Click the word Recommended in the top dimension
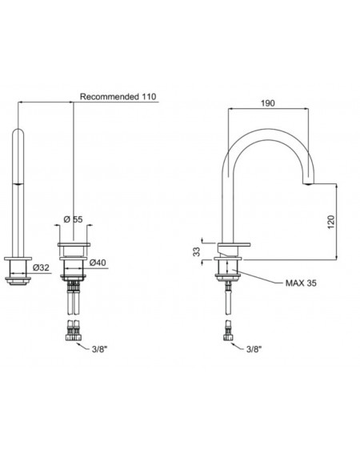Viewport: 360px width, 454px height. pyautogui.click(x=110, y=97)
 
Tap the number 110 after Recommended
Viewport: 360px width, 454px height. pyautogui.click(x=149, y=97)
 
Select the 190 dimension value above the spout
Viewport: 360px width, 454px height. pyautogui.click(x=268, y=103)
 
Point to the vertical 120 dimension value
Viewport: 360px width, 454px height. pyautogui.click(x=331, y=222)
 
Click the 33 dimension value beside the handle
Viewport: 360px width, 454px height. pyautogui.click(x=197, y=251)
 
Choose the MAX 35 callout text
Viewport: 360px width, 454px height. pyautogui.click(x=301, y=283)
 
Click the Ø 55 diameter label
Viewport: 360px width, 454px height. pyautogui.click(x=73, y=219)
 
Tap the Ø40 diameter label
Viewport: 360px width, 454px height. pyautogui.click(x=98, y=263)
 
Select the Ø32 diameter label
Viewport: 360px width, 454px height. pyautogui.click(x=41, y=267)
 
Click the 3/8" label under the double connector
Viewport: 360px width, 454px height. pyautogui.click(x=99, y=349)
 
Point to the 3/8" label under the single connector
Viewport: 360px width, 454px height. pyautogui.click(x=254, y=349)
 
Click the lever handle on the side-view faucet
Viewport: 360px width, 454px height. pyautogui.click(x=234, y=246)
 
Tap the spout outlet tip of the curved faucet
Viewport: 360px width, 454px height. pyautogui.click(x=308, y=183)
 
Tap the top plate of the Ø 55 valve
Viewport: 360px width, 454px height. pyautogui.click(x=74, y=245)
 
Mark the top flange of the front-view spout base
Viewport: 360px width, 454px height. pyautogui.click(x=18, y=259)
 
